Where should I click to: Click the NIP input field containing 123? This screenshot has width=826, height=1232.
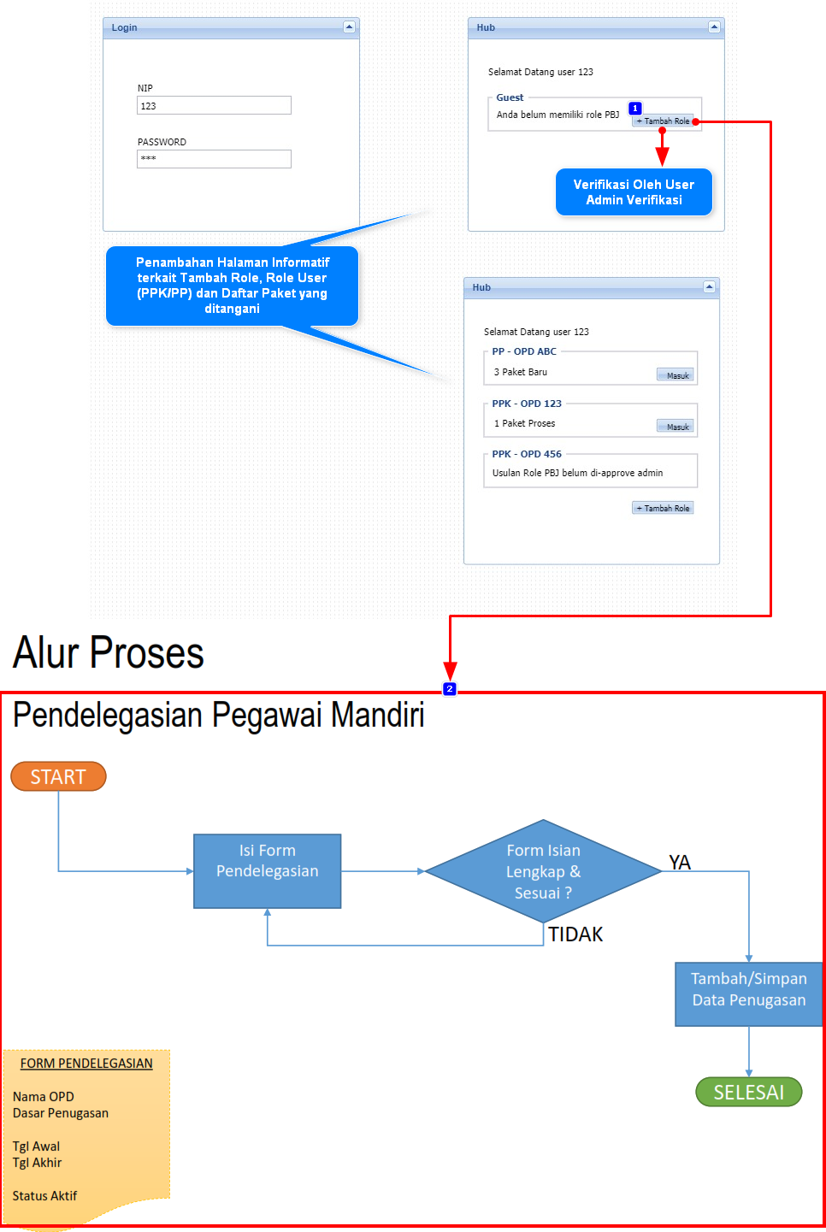tap(214, 105)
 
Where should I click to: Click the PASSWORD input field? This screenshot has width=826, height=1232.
tap(214, 159)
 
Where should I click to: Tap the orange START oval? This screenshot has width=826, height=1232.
tap(58, 776)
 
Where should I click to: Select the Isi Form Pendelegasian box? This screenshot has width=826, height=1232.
tap(267, 870)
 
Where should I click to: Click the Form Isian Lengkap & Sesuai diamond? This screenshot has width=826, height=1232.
tap(543, 871)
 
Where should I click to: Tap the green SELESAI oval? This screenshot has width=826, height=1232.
tap(748, 1092)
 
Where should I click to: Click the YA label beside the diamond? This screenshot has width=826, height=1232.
tap(680, 862)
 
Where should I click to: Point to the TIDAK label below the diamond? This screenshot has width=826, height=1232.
tap(575, 934)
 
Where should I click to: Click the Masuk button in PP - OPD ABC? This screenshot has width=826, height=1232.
tap(676, 375)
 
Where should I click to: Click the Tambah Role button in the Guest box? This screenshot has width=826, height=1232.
tap(664, 121)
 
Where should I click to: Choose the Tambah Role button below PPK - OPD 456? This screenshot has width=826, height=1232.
tap(663, 508)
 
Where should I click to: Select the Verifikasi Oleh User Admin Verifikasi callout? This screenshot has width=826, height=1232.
tap(634, 192)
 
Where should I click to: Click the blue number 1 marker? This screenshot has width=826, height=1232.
tap(634, 109)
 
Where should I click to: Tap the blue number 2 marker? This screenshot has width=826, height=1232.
tap(450, 689)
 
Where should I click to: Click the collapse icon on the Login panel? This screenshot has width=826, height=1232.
tap(349, 27)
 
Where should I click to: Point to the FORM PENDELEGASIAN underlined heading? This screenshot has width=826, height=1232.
tap(86, 1064)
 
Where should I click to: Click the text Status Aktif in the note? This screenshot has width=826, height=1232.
tap(44, 1196)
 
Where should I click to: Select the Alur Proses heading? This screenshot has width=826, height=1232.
tap(109, 653)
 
